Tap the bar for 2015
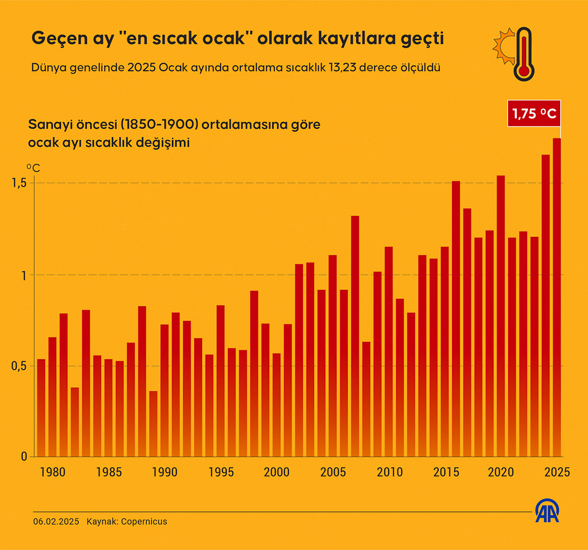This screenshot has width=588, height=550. (x=445, y=351)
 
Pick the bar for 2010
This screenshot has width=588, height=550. (x=388, y=351)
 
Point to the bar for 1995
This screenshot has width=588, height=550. (x=220, y=381)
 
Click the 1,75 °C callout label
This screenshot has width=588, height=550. (x=533, y=113)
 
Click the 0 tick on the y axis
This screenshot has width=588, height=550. (x=24, y=456)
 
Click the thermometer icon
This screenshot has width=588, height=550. (x=523, y=55)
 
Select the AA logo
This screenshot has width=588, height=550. (x=547, y=511)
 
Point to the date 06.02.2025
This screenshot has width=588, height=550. (x=56, y=522)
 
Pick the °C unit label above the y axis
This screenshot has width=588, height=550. (x=33, y=169)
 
